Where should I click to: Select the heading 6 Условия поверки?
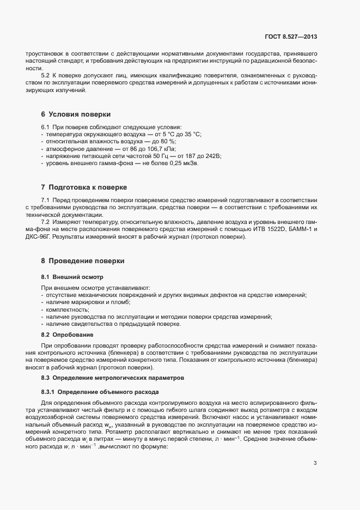(76, 114)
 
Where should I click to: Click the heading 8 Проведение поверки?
(83, 261)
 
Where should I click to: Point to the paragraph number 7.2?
(46, 222)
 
